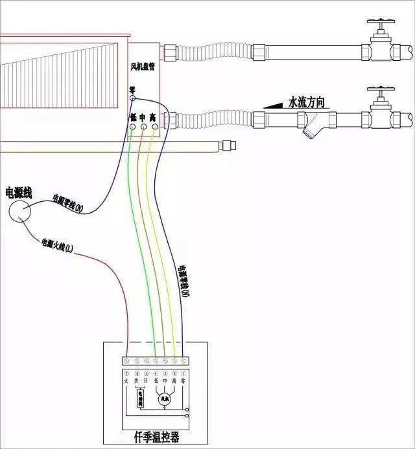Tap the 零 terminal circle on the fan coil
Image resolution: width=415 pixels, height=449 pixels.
(x=132, y=98)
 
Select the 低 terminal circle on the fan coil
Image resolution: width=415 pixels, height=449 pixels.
(x=133, y=127)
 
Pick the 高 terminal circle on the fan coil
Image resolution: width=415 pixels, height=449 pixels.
(x=154, y=127)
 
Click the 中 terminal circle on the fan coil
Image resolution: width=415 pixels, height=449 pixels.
(x=143, y=127)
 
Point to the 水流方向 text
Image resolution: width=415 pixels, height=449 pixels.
(x=306, y=102)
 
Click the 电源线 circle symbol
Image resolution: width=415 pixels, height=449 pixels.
(x=21, y=210)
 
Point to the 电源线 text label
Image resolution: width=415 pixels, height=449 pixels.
(x=19, y=192)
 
